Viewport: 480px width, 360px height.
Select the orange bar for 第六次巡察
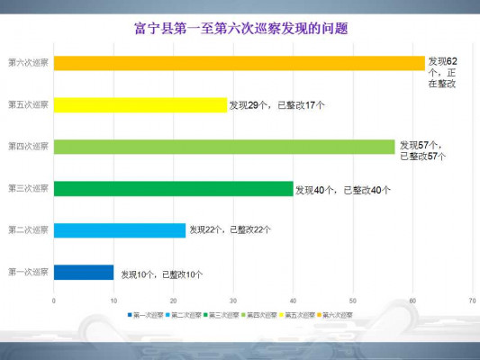point(239,63)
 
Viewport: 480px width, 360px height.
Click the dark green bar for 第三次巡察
point(173,188)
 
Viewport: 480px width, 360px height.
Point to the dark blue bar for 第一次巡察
point(83,272)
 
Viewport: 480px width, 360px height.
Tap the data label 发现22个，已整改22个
point(230,230)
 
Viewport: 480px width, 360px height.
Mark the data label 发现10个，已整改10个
point(162,274)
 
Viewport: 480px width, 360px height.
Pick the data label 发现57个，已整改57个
point(422,150)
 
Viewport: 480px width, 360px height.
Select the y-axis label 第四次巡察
point(27,146)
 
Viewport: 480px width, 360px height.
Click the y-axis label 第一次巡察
point(27,272)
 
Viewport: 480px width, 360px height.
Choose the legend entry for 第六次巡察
point(335,315)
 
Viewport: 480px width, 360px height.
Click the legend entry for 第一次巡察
point(144,315)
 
